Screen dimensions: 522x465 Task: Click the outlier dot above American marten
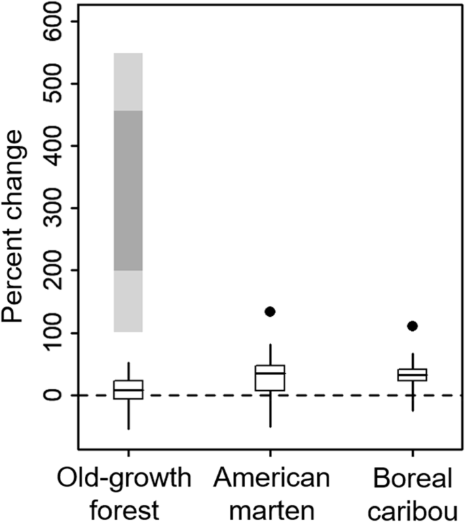(x=269, y=311)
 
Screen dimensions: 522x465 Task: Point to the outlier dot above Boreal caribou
(x=412, y=326)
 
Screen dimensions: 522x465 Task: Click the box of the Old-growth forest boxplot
(x=128, y=389)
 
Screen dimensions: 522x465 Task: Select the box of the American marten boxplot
(x=270, y=378)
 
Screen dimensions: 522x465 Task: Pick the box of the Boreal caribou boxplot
(x=412, y=375)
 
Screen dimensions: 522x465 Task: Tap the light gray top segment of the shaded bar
(x=128, y=82)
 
